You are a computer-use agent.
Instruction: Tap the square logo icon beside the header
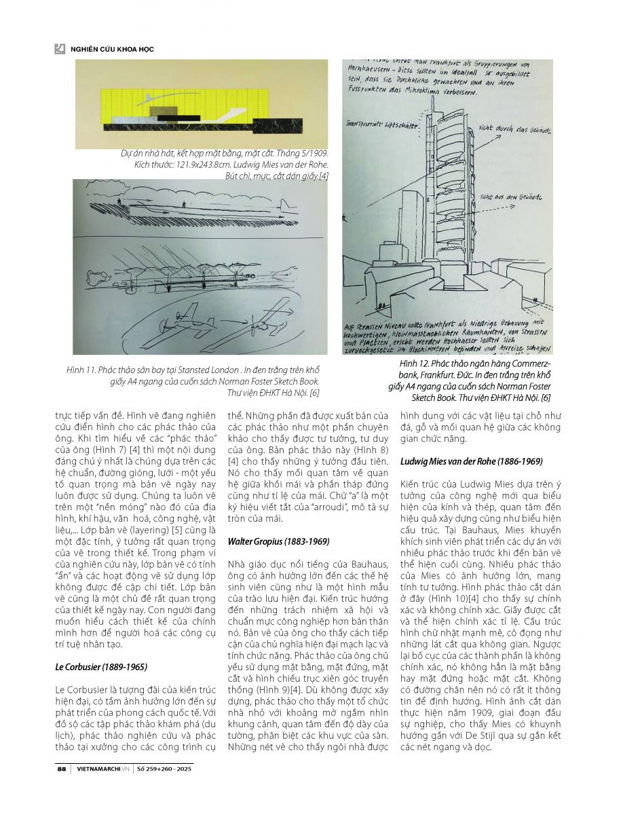(60, 49)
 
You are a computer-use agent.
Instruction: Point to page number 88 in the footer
(61, 769)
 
